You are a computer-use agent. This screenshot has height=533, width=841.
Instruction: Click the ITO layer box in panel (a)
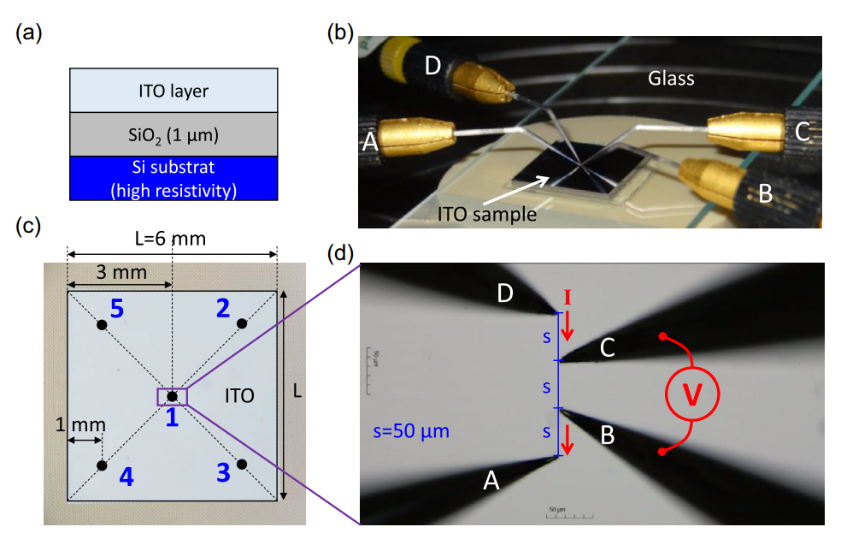[173, 90]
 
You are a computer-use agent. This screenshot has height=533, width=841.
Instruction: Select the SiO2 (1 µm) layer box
[173, 133]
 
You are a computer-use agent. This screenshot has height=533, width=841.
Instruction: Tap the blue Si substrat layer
[173, 178]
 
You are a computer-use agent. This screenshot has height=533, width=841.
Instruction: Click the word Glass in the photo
[670, 79]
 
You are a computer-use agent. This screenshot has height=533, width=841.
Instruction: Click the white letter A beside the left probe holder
[369, 143]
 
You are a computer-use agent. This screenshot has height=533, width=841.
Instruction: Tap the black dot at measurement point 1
[172, 396]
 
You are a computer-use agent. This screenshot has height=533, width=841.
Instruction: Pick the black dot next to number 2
[242, 323]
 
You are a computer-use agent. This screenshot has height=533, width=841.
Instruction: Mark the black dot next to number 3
[242, 465]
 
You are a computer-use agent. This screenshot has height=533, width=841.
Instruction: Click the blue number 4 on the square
[126, 477]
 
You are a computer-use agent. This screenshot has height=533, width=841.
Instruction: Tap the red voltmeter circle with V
[691, 393]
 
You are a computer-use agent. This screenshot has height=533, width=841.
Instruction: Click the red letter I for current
[565, 298]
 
